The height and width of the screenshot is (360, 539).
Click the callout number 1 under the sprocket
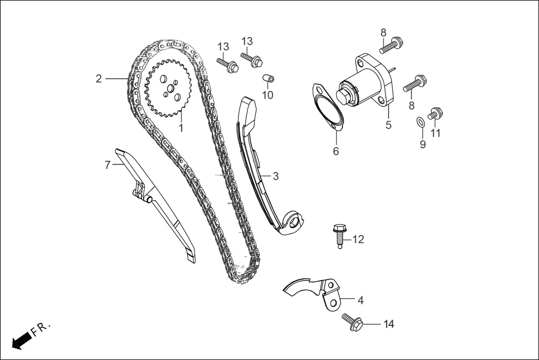181,128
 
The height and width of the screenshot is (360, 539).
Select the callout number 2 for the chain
99,79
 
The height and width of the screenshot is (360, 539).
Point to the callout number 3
275,176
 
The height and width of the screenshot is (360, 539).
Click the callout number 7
108,165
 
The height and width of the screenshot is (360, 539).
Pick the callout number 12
358,239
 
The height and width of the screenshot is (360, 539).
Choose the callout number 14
389,324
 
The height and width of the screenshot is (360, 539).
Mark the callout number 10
268,95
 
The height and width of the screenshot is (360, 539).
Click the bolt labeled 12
338,235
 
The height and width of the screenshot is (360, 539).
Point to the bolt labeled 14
352,321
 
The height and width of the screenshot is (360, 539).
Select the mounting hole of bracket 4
333,302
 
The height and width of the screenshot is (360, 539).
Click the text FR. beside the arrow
41,329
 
